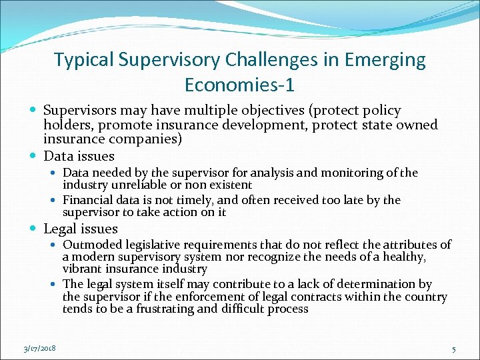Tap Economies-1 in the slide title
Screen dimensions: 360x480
pos(239,85)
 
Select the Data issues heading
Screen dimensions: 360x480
pos(79,156)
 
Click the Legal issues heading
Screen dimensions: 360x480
pos(81,229)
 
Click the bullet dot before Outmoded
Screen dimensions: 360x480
pos(56,245)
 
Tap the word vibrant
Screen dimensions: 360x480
pos(83,269)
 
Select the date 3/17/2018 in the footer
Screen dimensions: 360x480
pos(38,349)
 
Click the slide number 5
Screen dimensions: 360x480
pos(453,349)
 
